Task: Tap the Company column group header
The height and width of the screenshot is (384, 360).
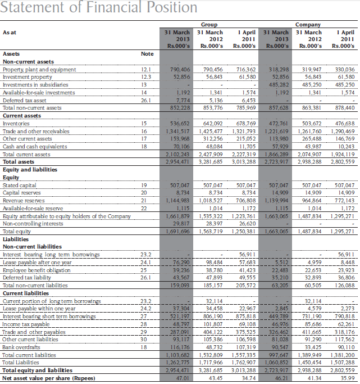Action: [308, 25]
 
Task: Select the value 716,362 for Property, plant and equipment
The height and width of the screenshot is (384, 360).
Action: [244, 69]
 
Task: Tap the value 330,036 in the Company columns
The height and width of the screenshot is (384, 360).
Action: [343, 69]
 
